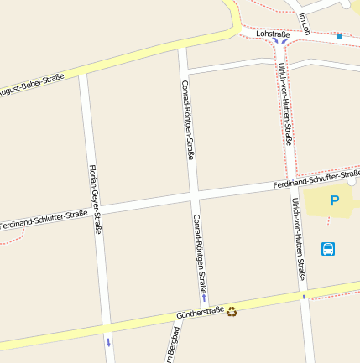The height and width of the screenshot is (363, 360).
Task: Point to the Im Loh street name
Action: pos(305,24)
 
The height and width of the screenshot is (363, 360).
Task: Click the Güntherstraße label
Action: pos(200,313)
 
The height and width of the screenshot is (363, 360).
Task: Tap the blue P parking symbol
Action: pos(334,201)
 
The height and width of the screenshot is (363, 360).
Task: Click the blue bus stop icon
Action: pos(327,248)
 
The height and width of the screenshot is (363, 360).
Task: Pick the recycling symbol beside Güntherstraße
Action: pos(232,311)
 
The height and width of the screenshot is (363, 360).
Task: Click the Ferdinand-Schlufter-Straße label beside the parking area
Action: pos(316,179)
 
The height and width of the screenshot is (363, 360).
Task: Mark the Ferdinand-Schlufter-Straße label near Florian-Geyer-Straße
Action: pos(44,220)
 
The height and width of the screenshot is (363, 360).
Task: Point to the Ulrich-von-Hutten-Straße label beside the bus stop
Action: pos(298,240)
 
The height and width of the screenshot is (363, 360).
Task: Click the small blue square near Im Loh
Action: pos(340,36)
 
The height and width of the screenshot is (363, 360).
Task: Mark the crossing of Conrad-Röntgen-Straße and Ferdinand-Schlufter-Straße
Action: pos(194,194)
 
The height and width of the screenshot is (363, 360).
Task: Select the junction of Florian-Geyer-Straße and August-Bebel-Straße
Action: pos(83,75)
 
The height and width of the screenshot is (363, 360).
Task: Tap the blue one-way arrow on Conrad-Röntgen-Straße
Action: pos(203,298)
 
